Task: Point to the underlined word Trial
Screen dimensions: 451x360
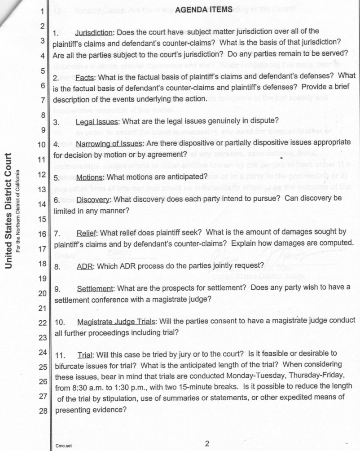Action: pos(85,354)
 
